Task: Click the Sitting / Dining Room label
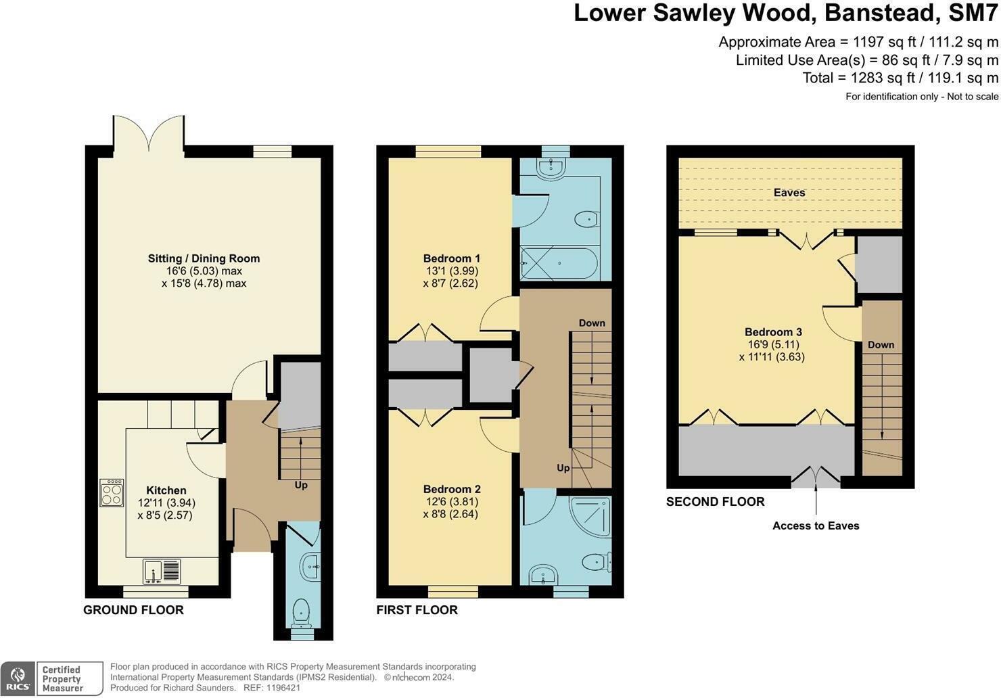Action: coord(204,258)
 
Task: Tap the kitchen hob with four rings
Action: coord(112,492)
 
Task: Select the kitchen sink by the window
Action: coord(162,572)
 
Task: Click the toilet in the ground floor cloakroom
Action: coord(300,613)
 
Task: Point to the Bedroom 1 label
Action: coord(451,258)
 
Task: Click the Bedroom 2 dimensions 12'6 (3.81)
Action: coord(451,502)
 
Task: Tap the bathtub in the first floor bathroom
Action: coord(559,263)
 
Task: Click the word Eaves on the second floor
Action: coord(789,193)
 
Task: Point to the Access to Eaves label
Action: coord(816,526)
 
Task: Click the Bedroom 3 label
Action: coord(773,332)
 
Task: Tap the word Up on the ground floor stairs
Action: coord(301,485)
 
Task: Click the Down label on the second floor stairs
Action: coord(881,345)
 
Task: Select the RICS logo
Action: coord(18,678)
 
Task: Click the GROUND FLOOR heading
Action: coord(133,610)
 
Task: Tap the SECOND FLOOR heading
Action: coord(715,502)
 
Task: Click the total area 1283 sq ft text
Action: coord(900,78)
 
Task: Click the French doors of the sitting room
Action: coord(149,134)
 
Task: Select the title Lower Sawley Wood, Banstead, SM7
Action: coord(785,13)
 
